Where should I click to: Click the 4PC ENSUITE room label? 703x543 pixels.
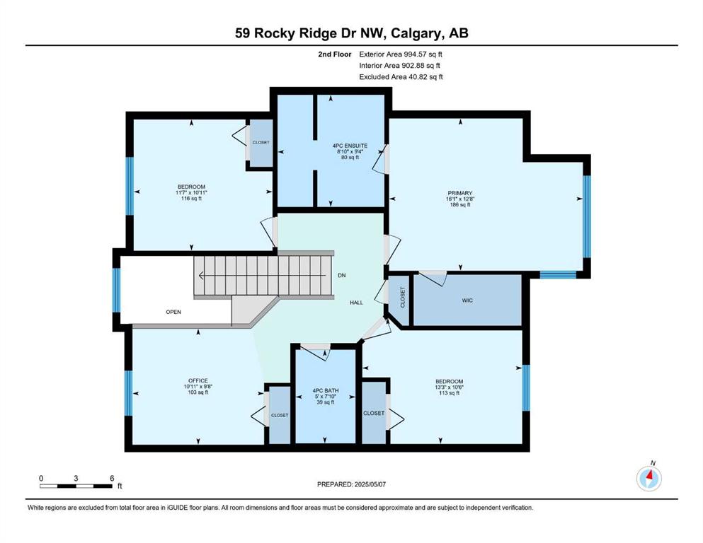tap(350, 146)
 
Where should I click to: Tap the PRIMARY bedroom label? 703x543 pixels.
tap(460, 194)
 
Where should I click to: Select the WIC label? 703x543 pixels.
tap(467, 300)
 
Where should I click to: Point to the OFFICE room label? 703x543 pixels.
tap(198, 381)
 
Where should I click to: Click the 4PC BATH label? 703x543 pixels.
tap(326, 390)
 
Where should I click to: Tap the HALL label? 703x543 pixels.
tap(356, 303)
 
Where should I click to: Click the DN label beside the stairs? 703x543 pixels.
tap(342, 275)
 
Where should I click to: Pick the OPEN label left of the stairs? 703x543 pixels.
tap(173, 312)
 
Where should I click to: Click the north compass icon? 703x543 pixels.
tap(648, 478)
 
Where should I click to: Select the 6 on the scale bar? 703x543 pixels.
tap(112, 478)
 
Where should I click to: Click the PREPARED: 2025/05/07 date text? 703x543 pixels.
tap(351, 484)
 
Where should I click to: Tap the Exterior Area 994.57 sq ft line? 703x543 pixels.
tap(401, 54)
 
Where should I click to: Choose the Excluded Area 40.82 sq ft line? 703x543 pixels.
tap(401, 76)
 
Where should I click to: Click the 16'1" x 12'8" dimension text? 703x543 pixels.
tap(460, 199)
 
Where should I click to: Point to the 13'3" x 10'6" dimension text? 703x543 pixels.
tap(449, 387)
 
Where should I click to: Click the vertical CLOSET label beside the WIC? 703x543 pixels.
tap(402, 297)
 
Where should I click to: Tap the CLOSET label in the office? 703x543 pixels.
tap(280, 416)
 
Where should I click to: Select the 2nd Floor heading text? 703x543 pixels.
tap(334, 54)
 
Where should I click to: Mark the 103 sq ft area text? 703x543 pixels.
tap(198, 392)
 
